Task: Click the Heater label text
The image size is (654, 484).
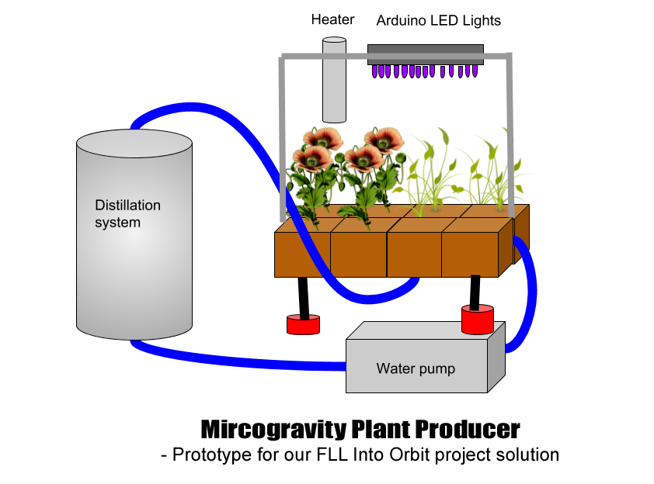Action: coord(333,20)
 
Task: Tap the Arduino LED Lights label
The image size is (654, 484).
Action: coord(438,21)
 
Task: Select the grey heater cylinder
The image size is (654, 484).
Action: coord(334,81)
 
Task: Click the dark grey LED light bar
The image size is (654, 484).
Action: coord(425,54)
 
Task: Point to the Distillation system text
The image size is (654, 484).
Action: coord(127,214)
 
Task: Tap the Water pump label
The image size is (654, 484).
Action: coord(416,368)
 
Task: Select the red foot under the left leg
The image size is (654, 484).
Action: coord(303,325)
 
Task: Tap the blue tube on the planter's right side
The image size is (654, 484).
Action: coord(529,295)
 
